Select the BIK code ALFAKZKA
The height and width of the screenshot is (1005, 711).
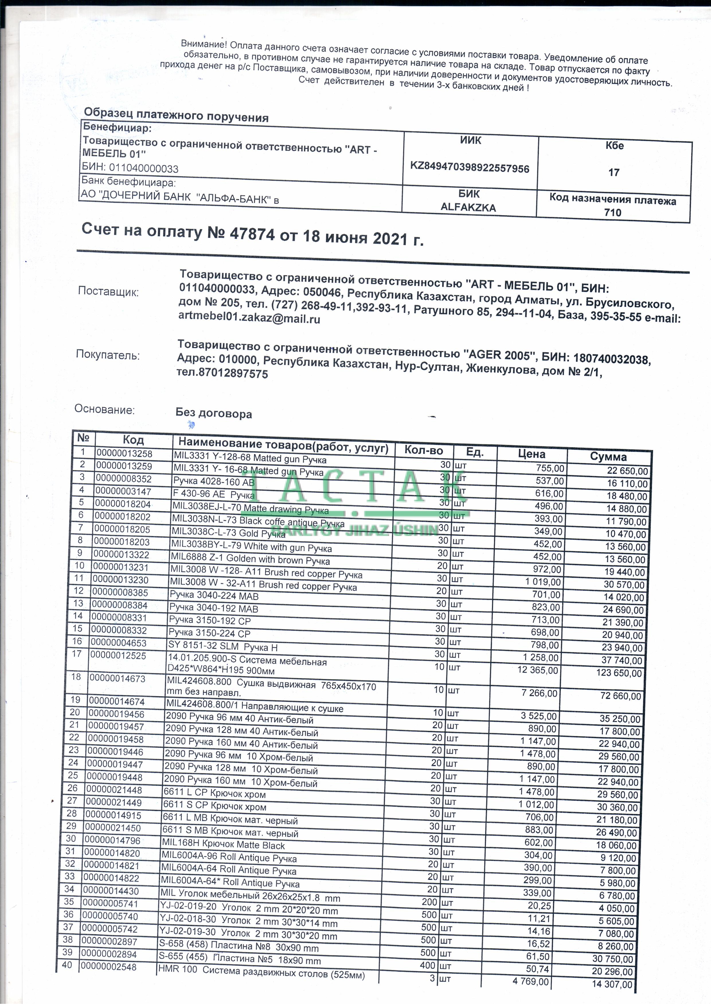(x=468, y=207)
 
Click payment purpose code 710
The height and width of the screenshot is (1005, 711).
(x=612, y=213)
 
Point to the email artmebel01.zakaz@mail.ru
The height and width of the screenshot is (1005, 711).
(x=249, y=318)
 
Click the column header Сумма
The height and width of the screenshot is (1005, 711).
(x=608, y=457)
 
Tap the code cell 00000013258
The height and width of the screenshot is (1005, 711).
(x=124, y=453)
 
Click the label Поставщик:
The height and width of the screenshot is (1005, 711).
(x=108, y=292)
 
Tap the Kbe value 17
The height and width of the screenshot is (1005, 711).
(x=614, y=172)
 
